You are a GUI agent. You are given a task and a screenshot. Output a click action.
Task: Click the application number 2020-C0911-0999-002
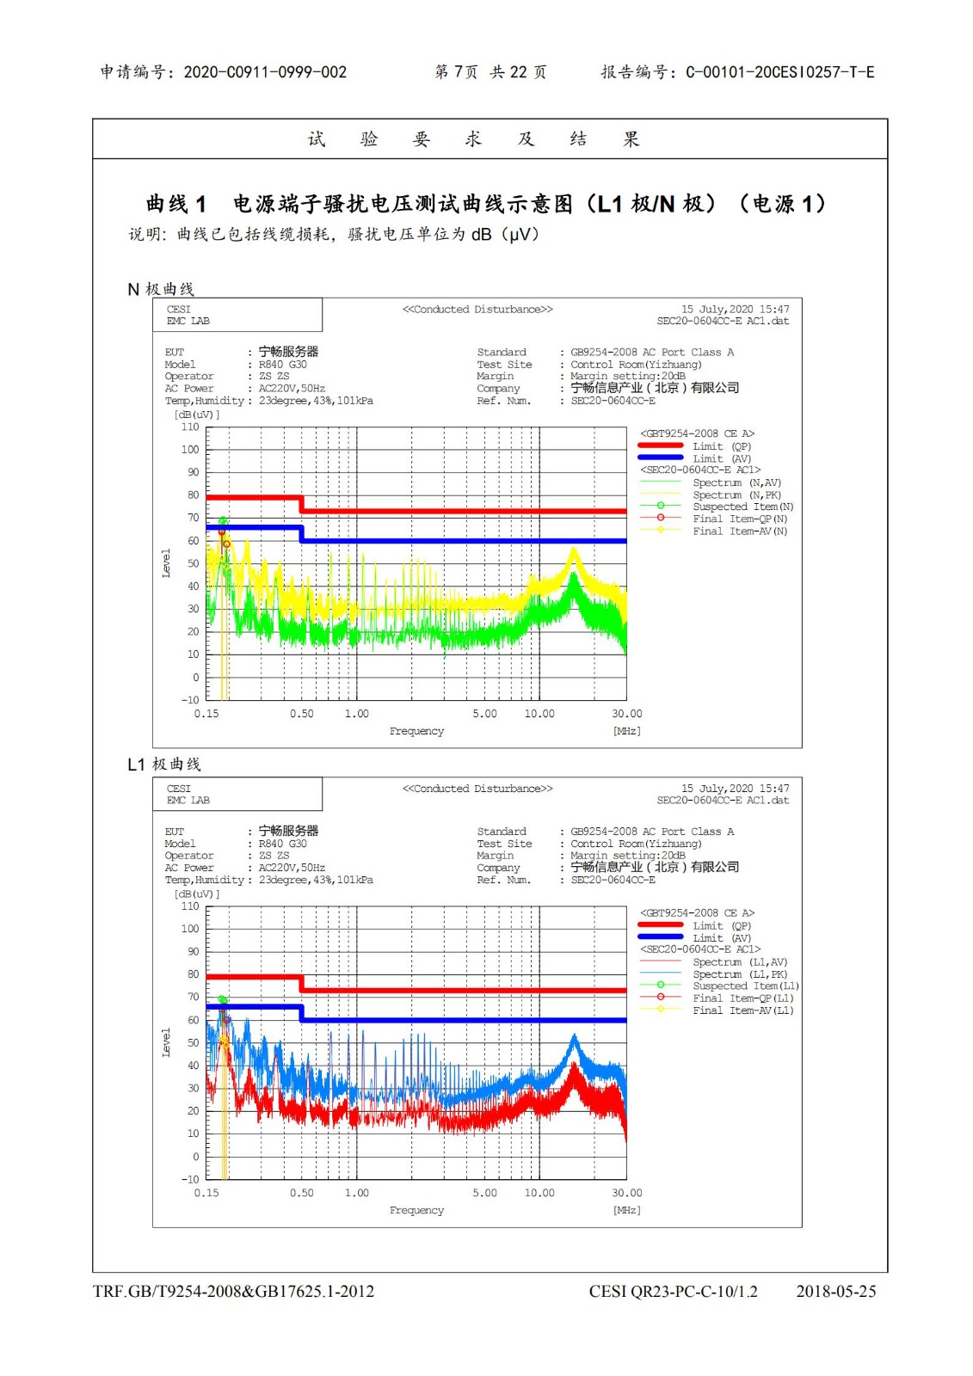(x=265, y=72)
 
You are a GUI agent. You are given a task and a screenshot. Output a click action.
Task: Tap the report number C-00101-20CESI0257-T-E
(x=779, y=72)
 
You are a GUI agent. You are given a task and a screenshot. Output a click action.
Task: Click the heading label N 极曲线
(x=161, y=289)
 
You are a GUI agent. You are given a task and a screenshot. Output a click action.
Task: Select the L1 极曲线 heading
(x=163, y=764)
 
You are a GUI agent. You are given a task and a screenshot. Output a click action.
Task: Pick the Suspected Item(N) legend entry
(x=742, y=507)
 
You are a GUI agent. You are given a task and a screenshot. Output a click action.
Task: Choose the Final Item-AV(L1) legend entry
(x=742, y=1010)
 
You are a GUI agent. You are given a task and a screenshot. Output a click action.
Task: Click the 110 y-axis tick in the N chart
(x=190, y=427)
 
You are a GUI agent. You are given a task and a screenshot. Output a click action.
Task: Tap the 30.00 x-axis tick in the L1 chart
(x=626, y=1193)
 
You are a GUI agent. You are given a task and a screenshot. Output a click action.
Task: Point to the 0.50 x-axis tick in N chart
(x=301, y=714)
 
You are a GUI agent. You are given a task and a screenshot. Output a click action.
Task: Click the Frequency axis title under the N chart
(x=416, y=731)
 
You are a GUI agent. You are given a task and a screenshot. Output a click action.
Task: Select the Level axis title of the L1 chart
(x=166, y=1042)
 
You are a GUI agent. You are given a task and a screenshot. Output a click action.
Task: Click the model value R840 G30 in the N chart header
(x=282, y=365)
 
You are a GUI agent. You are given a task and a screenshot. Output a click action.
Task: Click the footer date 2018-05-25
(x=835, y=1291)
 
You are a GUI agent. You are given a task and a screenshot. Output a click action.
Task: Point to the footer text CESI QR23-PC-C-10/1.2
(x=673, y=1291)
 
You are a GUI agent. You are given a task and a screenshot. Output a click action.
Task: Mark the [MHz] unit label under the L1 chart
(x=626, y=1210)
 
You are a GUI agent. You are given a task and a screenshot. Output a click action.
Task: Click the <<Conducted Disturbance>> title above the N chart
(x=477, y=310)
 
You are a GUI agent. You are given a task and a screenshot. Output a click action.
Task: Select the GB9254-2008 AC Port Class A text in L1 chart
(x=652, y=832)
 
